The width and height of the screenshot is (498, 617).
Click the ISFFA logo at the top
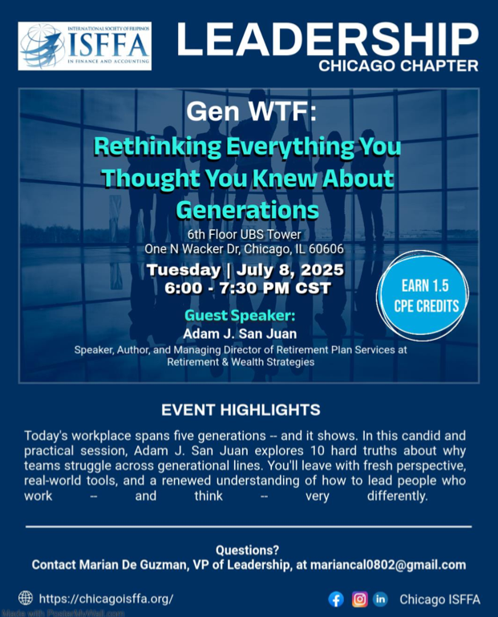click(x=85, y=46)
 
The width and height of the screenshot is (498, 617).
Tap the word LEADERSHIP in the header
click(x=327, y=40)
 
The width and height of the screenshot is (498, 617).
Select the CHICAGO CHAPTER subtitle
click(x=399, y=66)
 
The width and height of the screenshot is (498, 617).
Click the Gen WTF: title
click(x=251, y=111)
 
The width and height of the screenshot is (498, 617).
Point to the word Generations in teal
click(x=247, y=210)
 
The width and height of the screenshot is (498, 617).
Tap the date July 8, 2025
click(x=290, y=270)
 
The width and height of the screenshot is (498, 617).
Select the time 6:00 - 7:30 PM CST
click(x=248, y=288)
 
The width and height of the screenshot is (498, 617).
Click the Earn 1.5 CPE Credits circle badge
click(x=423, y=296)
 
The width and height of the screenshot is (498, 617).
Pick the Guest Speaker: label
click(x=240, y=316)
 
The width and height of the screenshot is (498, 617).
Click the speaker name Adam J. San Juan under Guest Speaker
click(x=240, y=333)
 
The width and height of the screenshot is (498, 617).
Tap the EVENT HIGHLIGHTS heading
click(x=241, y=410)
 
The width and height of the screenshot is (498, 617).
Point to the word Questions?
click(x=247, y=550)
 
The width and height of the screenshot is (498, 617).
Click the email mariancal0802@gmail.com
click(x=388, y=565)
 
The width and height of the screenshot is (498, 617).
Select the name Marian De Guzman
click(x=132, y=565)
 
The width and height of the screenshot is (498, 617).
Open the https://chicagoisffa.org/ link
click(x=107, y=599)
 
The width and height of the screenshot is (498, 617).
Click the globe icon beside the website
click(x=26, y=598)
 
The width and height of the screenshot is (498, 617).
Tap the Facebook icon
click(x=336, y=599)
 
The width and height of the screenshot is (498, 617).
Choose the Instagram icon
click(x=360, y=599)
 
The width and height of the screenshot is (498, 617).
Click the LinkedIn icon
click(x=380, y=599)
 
